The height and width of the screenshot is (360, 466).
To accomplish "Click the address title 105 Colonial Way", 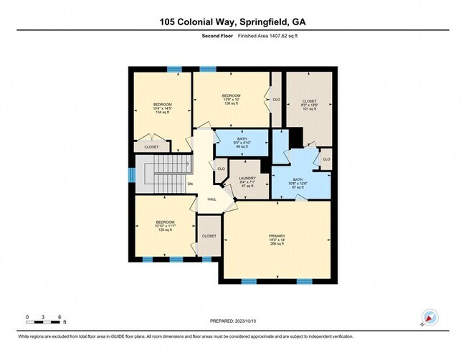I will [232, 22].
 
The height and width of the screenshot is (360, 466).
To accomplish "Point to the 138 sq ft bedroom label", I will [231, 100].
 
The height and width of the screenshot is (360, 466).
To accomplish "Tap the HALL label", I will [211, 199].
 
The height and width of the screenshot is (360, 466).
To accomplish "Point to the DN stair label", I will [190, 184].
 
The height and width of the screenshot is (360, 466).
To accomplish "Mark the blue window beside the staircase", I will [131, 175].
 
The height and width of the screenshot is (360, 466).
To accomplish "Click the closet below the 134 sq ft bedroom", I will [152, 147].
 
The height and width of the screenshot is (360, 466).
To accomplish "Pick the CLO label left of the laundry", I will [221, 169].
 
